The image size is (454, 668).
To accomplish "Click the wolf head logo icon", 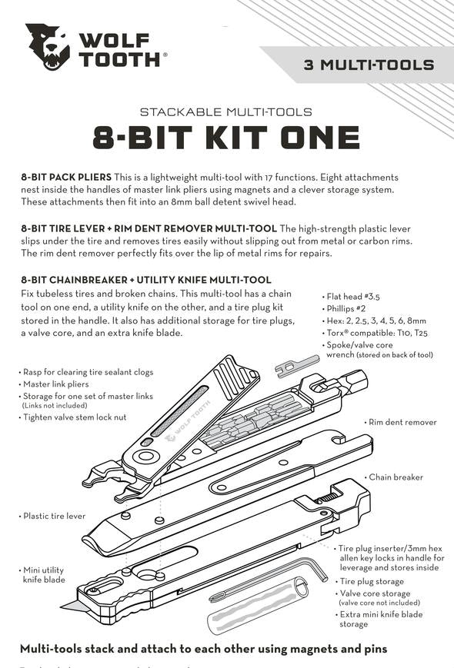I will (x=48, y=47).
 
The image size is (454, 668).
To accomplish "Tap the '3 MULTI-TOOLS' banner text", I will (x=369, y=65).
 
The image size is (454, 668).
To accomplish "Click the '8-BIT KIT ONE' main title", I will (x=226, y=138).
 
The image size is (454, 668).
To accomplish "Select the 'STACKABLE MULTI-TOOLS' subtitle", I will (x=226, y=111).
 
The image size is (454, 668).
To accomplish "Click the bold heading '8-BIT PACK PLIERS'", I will (x=66, y=177).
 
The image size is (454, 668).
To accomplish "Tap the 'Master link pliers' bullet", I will (x=58, y=384).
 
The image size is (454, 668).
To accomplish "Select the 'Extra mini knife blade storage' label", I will (x=382, y=619).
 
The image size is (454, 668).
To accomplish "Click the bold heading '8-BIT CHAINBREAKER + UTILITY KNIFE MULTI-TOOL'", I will (x=145, y=280).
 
